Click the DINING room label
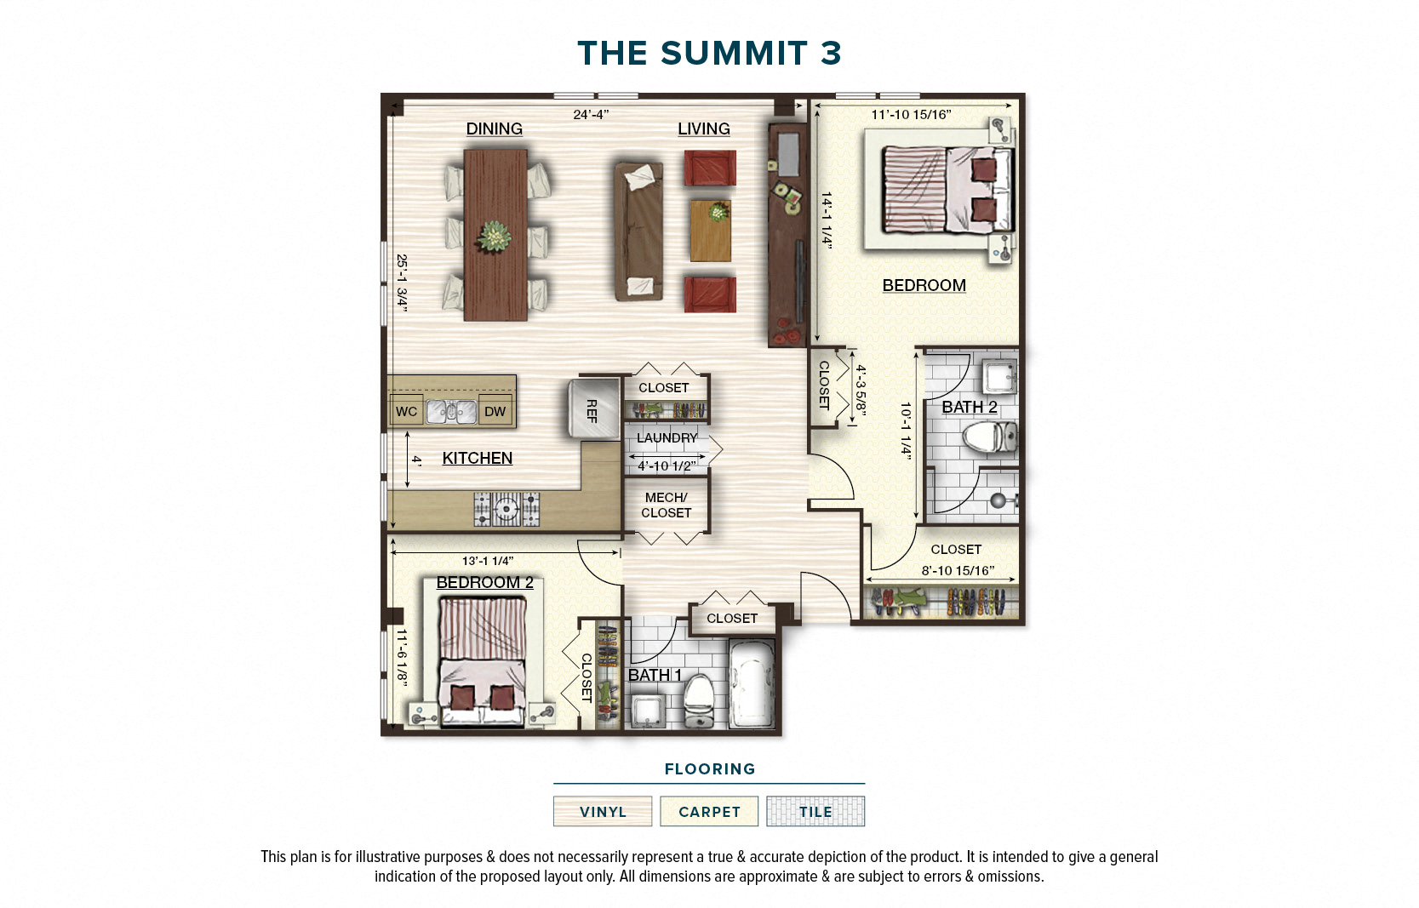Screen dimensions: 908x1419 pyautogui.click(x=494, y=128)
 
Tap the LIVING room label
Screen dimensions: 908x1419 pyautogui.click(x=703, y=128)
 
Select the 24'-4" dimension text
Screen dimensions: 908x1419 pyautogui.click(x=591, y=114)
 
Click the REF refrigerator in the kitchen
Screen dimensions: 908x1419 pyautogui.click(x=593, y=409)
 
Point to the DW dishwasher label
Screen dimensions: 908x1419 pyautogui.click(x=495, y=412)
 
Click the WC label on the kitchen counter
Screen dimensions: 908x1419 pyautogui.click(x=406, y=412)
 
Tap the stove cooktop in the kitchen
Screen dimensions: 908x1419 pyautogui.click(x=506, y=509)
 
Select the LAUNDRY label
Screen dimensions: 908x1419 pyautogui.click(x=667, y=437)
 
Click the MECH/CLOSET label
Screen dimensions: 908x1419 pyautogui.click(x=666, y=505)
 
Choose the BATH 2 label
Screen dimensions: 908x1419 pyautogui.click(x=969, y=407)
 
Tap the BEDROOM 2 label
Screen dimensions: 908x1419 pyautogui.click(x=484, y=582)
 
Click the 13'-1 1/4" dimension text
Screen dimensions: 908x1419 pyautogui.click(x=487, y=561)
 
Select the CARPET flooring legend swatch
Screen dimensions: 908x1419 pyautogui.click(x=709, y=811)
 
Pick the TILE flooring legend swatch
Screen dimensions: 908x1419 pyautogui.click(x=815, y=811)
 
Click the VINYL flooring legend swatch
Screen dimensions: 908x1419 pyautogui.click(x=603, y=811)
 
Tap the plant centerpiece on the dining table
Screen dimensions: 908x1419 pyautogui.click(x=495, y=237)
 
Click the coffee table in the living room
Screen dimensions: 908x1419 pyautogui.click(x=711, y=231)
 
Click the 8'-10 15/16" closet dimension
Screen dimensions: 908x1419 pyautogui.click(x=958, y=571)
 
